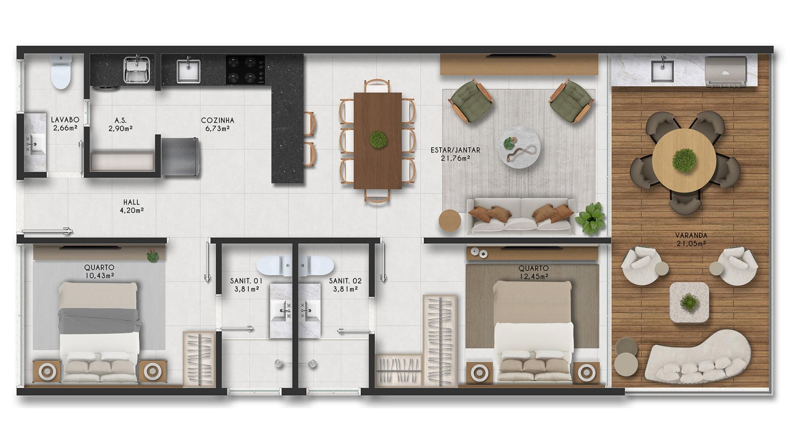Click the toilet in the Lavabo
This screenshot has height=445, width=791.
[61, 72]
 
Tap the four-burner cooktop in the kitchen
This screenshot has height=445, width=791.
[245, 70]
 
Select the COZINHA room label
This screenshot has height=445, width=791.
[218, 120]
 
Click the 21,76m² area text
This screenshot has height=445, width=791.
[455, 158]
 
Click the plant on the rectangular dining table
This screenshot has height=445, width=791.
[378, 140]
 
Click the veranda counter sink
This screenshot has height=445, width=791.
[662, 70]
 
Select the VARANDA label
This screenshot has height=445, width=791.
[691, 236]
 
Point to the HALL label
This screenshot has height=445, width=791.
[131, 202]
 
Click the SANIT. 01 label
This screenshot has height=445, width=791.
[246, 281]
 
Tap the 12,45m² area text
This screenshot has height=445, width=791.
[534, 276]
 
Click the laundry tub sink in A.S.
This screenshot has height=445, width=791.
[137, 69]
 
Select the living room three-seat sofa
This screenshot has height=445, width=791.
[521, 216]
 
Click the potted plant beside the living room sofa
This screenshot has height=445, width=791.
[591, 218]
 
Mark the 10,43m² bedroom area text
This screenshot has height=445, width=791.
[100, 276]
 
